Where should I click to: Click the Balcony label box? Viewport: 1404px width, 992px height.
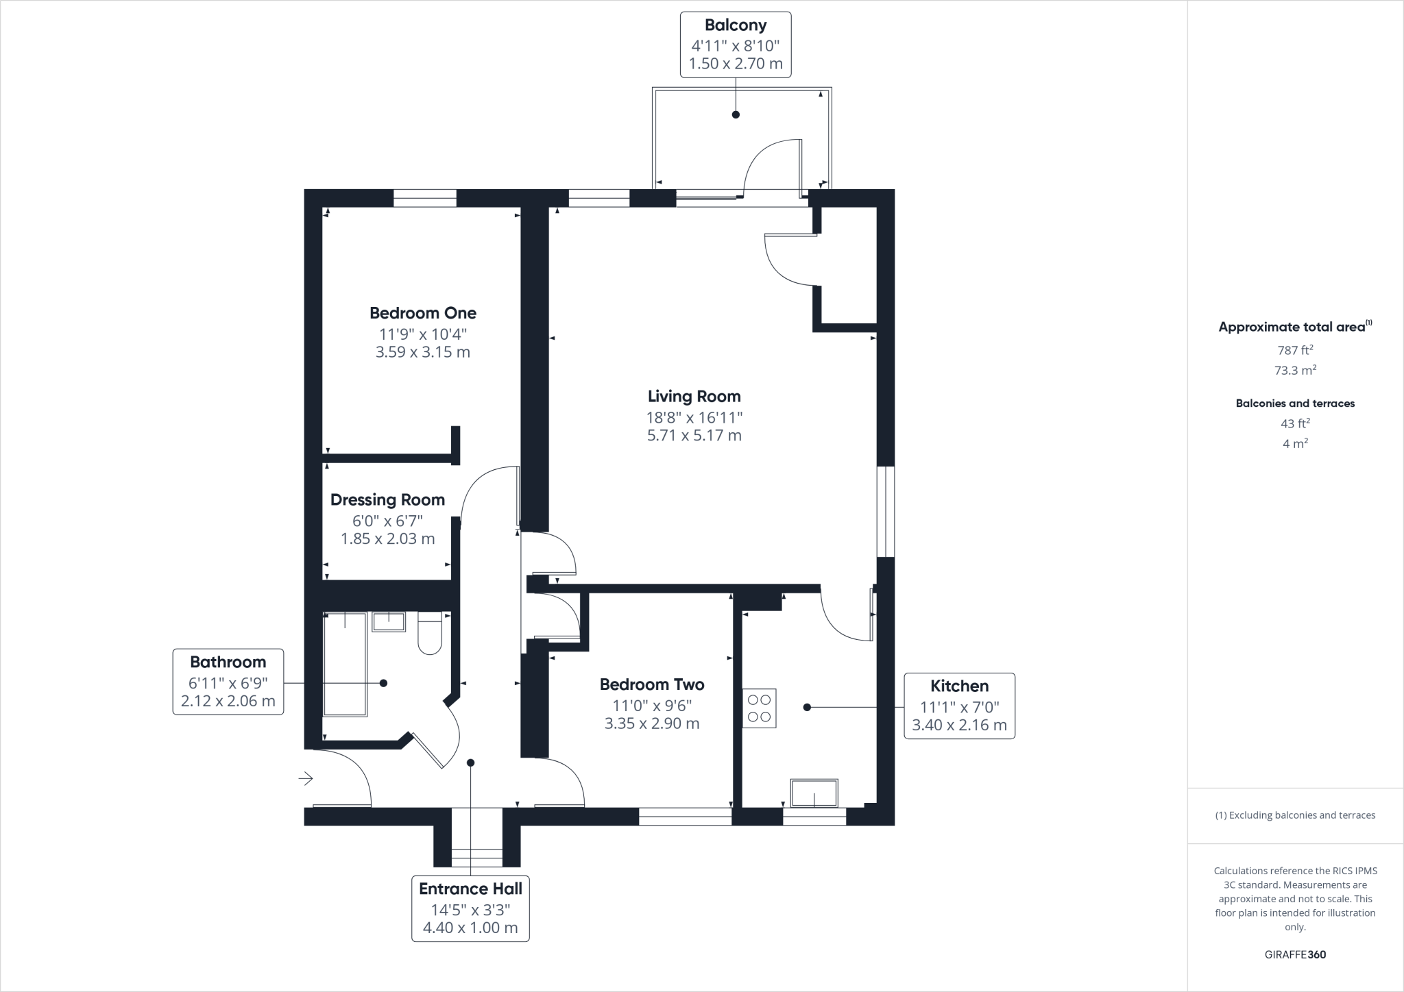point(735,45)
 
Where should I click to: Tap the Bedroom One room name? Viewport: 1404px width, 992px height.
point(423,313)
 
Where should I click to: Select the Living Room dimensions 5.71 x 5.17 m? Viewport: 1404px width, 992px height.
point(694,435)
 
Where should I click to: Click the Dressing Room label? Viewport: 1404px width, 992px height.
point(387,500)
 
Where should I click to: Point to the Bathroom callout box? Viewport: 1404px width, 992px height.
point(228,681)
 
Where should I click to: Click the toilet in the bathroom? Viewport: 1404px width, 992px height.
point(430,635)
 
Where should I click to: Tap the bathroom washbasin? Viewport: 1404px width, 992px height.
point(389,621)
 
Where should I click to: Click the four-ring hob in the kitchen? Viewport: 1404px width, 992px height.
point(759,708)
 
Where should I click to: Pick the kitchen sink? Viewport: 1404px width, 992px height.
point(814,793)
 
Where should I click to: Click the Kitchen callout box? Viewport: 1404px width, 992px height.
point(959,706)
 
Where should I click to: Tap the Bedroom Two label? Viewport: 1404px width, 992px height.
point(652,684)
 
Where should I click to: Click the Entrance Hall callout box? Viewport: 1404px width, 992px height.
point(470,908)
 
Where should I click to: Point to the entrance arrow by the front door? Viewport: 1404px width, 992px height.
point(306,778)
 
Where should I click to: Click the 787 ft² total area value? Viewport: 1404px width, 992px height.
point(1295,350)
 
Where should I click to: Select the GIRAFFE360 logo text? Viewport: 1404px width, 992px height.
point(1295,954)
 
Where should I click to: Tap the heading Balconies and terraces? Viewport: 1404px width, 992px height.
point(1295,404)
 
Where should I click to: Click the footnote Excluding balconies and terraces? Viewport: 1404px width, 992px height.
point(1295,815)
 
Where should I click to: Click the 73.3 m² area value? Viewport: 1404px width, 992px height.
point(1295,371)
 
